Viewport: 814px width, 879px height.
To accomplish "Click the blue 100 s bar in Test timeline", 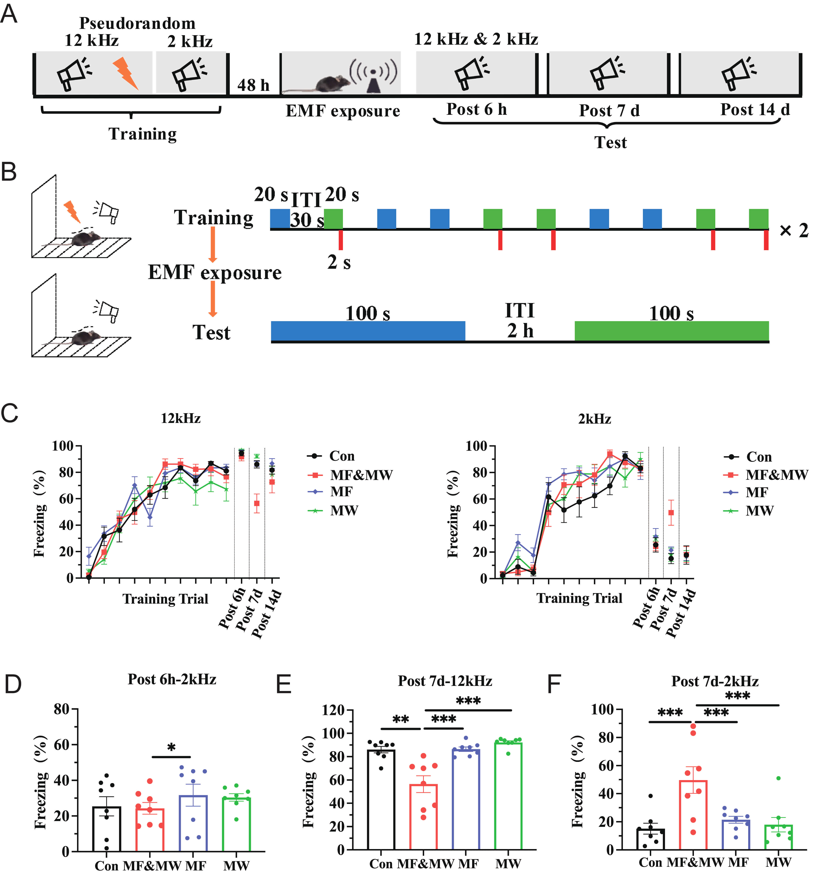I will tap(368, 331).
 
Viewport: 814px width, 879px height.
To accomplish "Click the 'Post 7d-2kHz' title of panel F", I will tap(714, 682).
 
